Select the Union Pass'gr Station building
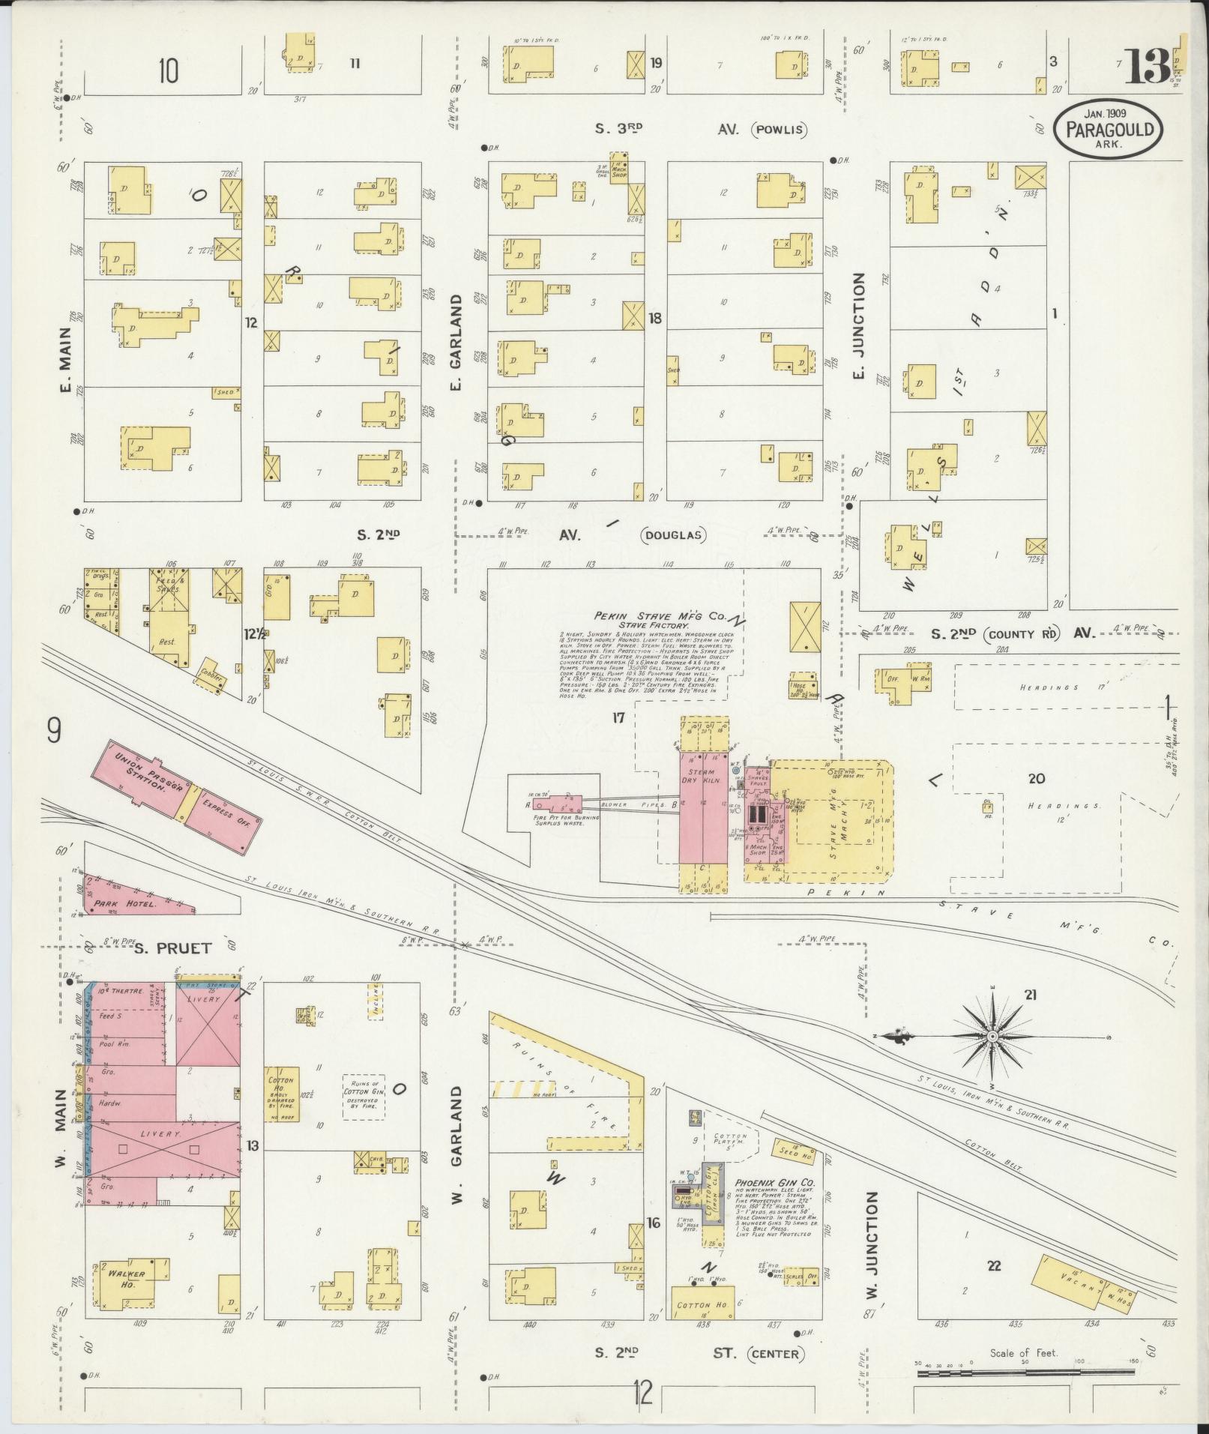(140, 780)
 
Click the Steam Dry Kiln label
(703, 777)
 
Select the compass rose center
(992, 1037)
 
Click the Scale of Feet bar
(1025, 1373)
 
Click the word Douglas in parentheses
(673, 535)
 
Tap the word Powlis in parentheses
(782, 129)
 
